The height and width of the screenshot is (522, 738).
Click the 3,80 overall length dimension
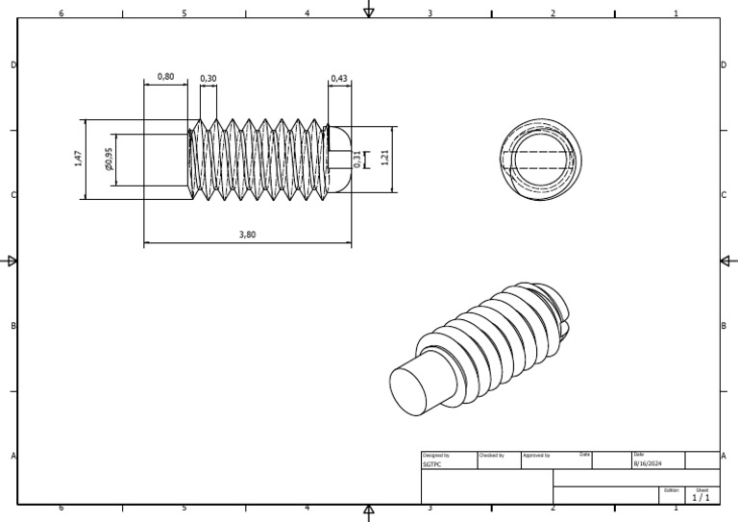247,234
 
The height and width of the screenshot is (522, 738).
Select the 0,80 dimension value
165,77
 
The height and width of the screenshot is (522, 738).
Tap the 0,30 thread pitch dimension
209,79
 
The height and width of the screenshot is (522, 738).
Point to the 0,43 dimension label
339,78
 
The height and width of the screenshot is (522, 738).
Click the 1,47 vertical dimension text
78,160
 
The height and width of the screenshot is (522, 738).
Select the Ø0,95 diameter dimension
109,160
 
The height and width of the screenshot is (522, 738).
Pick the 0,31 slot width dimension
357,160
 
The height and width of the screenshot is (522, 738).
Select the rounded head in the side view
338,160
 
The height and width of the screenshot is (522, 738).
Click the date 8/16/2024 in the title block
647,463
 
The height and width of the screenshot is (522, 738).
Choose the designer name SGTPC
431,463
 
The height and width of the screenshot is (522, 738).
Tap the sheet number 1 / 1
701,498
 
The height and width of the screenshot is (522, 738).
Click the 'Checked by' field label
491,455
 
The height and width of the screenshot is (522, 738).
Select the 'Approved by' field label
535,455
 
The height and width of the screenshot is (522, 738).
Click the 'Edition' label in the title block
671,489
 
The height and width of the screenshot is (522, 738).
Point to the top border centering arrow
368,11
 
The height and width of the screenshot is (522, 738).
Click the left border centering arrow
12,261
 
